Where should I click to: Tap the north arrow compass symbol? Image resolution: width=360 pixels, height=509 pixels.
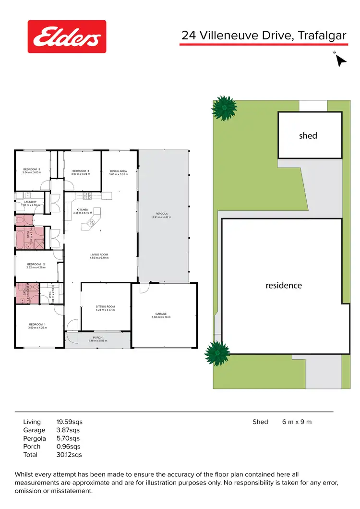click(340, 60)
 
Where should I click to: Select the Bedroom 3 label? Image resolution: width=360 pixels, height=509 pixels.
click(32, 169)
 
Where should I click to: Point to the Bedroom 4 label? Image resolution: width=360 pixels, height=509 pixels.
click(81, 171)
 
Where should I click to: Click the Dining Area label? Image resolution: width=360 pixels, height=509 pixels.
click(118, 171)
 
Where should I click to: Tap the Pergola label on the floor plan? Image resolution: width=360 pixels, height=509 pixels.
click(161, 214)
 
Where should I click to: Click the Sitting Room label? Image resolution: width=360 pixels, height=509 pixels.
click(106, 306)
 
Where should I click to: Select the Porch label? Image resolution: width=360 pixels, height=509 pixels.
click(98, 338)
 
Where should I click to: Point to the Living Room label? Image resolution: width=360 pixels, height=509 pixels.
click(99, 254)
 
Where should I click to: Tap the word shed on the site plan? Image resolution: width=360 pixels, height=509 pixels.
click(308, 136)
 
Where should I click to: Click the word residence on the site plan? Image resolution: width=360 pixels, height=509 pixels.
click(284, 285)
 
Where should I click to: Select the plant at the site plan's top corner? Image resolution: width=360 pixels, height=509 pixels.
click(224, 108)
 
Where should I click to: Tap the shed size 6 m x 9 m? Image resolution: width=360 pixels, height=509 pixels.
click(297, 422)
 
